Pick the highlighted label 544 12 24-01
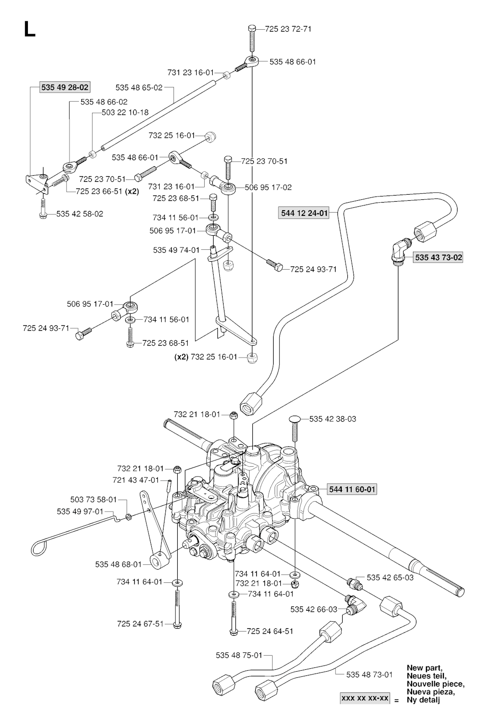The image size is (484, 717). (304, 213)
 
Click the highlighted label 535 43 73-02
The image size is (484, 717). (438, 257)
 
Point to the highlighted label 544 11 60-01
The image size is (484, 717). (352, 489)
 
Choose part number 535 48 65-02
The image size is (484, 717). (138, 87)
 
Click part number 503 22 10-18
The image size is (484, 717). (125, 112)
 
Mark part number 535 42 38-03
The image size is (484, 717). (333, 418)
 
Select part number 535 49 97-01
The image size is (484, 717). (80, 511)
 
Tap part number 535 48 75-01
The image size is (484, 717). (239, 655)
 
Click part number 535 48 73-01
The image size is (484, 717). (370, 674)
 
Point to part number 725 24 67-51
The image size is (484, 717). (140, 623)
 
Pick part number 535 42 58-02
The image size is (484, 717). (79, 214)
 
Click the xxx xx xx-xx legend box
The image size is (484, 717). (365, 698)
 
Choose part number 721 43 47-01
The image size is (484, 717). (140, 480)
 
